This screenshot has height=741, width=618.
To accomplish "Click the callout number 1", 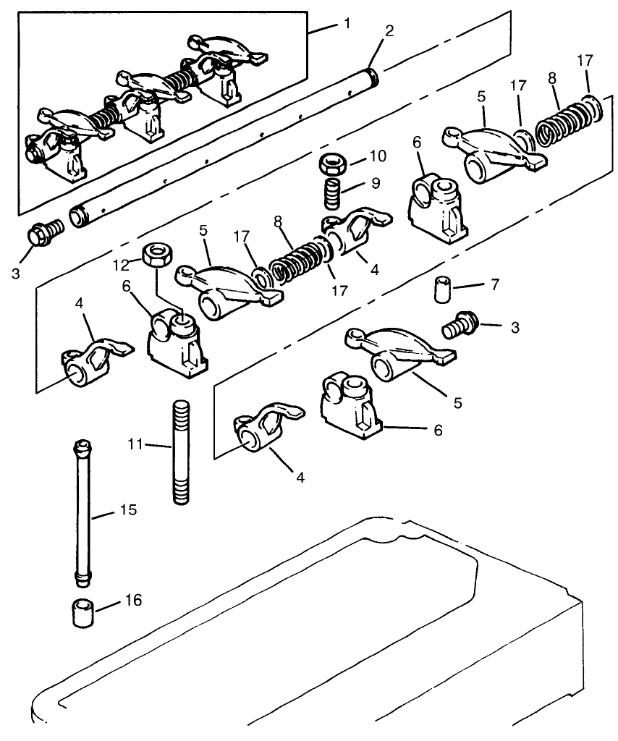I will (347, 24).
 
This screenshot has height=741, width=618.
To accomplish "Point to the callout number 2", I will (390, 31).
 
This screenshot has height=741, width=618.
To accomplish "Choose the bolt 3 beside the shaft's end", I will (44, 233).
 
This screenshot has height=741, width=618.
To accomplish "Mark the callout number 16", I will (133, 601).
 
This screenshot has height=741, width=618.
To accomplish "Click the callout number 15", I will (127, 510).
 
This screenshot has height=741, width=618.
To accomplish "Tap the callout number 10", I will (378, 155).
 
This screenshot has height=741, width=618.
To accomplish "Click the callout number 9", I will (375, 184).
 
